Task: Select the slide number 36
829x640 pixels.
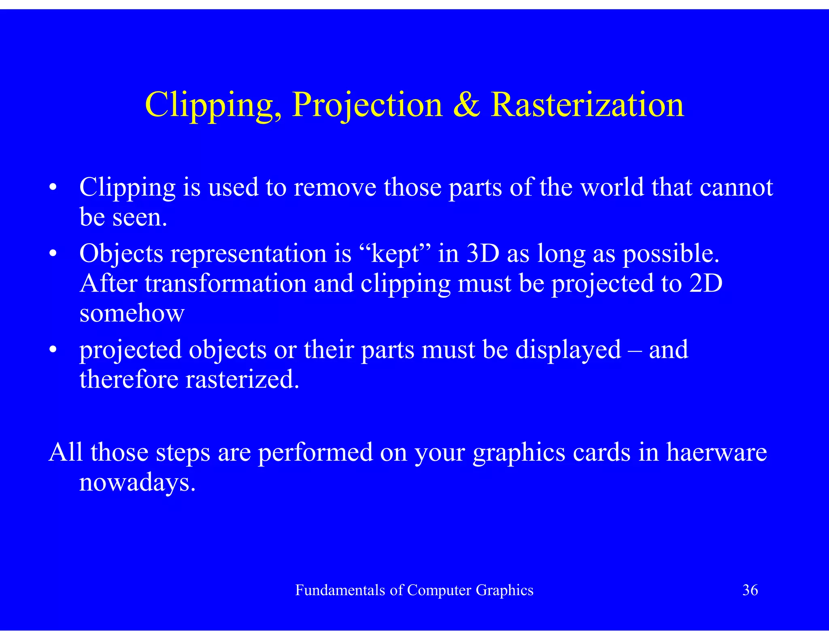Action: [750, 590]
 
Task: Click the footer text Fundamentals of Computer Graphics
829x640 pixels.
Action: [414, 590]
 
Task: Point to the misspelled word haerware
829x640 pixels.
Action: [716, 452]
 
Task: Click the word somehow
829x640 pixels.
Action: [132, 313]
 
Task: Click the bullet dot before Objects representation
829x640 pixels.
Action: [53, 254]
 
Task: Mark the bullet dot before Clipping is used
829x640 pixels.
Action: [53, 188]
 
